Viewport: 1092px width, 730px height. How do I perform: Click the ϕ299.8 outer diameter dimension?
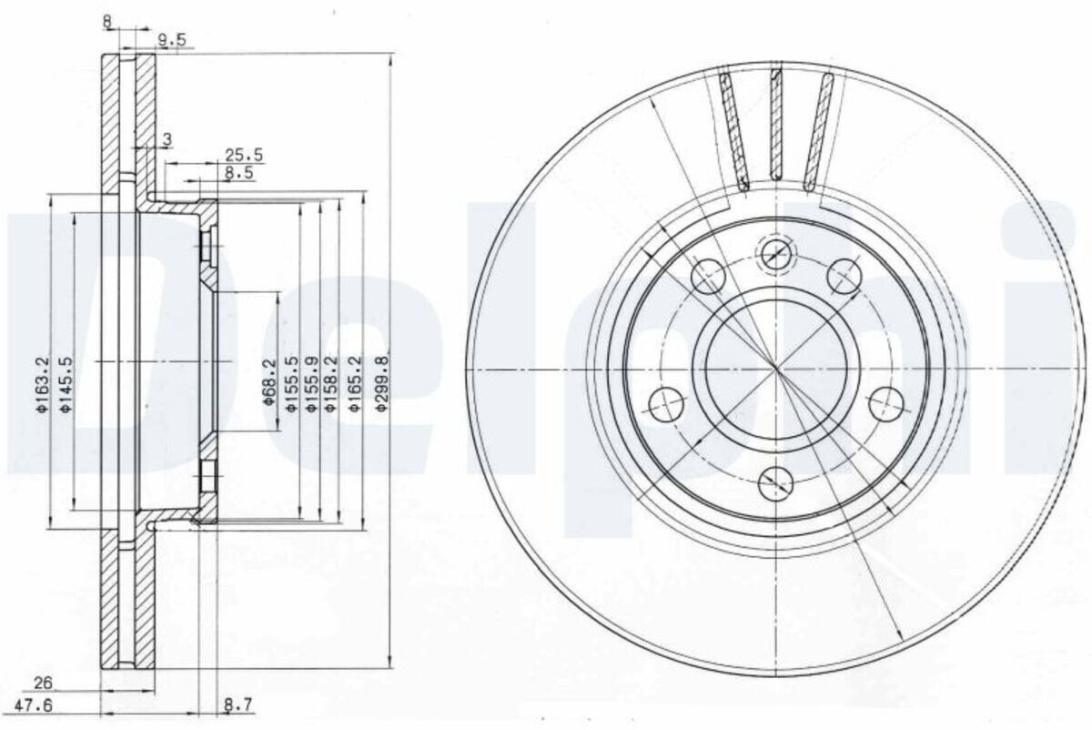pos(383,382)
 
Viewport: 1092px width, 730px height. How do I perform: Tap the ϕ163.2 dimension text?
pos(43,384)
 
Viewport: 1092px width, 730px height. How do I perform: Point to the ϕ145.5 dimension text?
pos(66,384)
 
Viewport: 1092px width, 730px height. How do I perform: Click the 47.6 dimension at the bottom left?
pos(33,706)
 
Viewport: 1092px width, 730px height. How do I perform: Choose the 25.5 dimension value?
pos(244,155)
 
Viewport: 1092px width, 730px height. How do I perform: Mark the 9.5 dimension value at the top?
pos(172,40)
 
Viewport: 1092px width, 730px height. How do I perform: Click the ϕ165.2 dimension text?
pos(355,384)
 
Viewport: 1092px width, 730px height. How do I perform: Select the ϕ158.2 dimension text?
pos(331,384)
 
